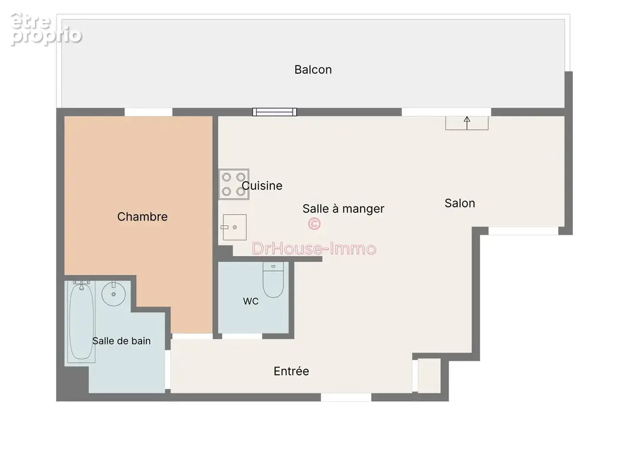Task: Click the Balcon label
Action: (x=313, y=70)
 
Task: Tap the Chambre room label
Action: (x=142, y=217)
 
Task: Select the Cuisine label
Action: (x=262, y=186)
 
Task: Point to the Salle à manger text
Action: (x=343, y=208)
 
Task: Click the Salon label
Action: (x=460, y=204)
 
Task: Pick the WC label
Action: (x=251, y=301)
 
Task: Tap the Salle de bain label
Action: (x=122, y=341)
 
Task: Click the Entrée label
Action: (x=291, y=371)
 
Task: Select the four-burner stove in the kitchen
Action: (x=234, y=184)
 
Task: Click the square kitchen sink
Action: (x=234, y=227)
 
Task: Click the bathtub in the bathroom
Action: (x=81, y=322)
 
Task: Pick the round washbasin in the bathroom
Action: (x=113, y=294)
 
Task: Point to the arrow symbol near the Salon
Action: (x=467, y=123)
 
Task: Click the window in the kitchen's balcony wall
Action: (x=274, y=112)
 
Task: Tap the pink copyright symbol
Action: (x=314, y=224)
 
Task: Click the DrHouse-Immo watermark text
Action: (x=314, y=248)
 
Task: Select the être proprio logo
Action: (x=46, y=29)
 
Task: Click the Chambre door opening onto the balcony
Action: (x=149, y=112)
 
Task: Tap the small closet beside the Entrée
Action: (x=429, y=376)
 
